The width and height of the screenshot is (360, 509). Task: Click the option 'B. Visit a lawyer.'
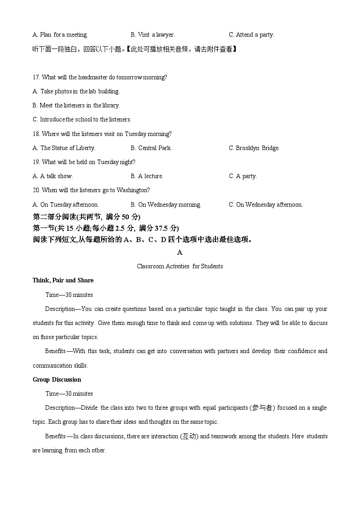(153, 34)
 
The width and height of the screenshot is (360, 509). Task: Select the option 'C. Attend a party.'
(252, 34)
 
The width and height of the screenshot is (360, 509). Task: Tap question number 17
(37, 77)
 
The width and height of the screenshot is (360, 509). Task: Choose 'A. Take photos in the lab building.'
(76, 91)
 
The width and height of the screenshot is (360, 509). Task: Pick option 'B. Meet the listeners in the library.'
(76, 105)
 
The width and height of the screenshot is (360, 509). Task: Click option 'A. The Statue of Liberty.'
(64, 148)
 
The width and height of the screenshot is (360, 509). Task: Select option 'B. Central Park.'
(151, 148)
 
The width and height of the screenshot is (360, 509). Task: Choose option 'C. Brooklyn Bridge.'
(254, 148)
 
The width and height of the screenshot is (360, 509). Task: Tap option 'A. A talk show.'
(53, 176)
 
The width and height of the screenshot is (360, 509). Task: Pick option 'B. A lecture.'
(147, 176)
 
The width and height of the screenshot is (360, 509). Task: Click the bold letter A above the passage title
(180, 252)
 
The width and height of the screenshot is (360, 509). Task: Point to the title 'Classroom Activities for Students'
(180, 266)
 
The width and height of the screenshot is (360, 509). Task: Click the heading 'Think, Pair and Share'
(63, 280)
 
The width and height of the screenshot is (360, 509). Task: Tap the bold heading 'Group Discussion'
(57, 379)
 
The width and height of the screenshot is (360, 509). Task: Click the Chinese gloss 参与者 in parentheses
(262, 408)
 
